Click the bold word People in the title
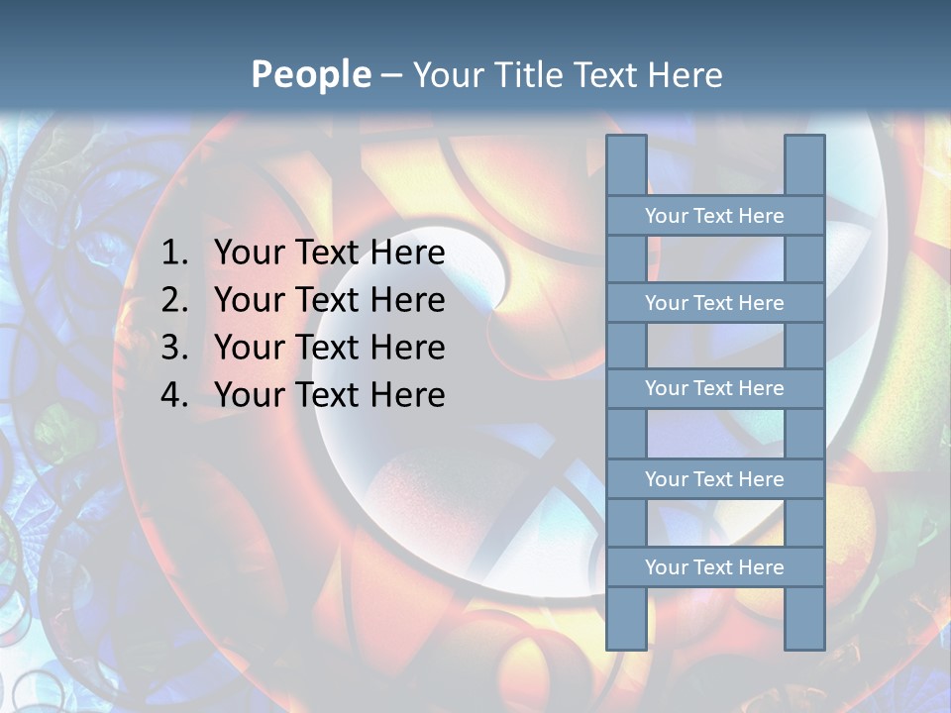310,74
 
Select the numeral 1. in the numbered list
174,254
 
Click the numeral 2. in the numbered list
174,300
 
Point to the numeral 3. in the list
174,348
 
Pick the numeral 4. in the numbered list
174,395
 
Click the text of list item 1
329,254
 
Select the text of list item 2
329,300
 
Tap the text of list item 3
329,348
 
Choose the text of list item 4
329,395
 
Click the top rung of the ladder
714,216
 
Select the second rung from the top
714,303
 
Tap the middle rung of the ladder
714,389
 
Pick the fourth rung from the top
714,479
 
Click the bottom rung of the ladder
714,567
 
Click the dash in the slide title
390,75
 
